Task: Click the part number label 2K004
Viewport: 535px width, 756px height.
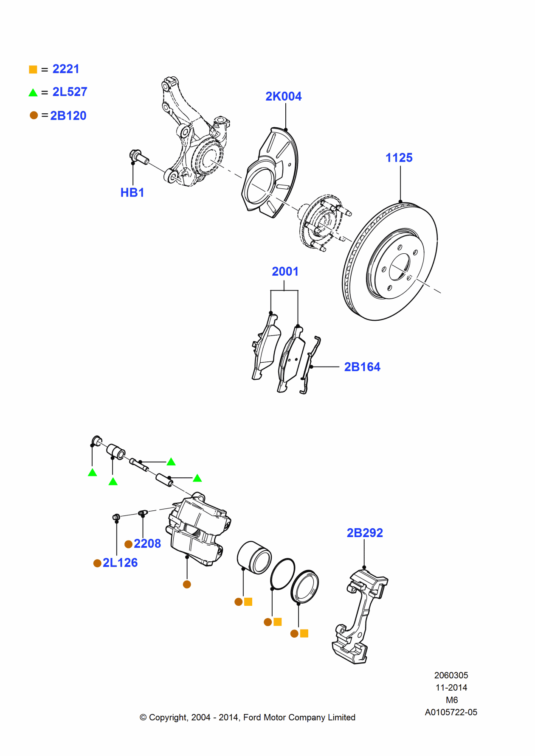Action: (283, 96)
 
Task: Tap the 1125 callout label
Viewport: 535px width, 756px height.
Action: (399, 158)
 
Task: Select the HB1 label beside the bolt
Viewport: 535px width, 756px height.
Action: (132, 193)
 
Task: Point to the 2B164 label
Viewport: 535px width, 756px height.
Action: (362, 367)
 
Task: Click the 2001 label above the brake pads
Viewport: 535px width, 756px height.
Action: (285, 272)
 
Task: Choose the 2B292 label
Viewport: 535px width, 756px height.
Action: (364, 533)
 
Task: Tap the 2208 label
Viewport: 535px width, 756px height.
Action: (147, 543)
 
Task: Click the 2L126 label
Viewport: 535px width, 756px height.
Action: (120, 563)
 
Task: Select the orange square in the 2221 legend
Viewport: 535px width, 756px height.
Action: (33, 70)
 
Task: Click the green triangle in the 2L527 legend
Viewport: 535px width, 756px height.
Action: (33, 92)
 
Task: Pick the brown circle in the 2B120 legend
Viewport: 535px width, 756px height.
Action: (34, 115)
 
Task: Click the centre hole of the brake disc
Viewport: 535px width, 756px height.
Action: (399, 267)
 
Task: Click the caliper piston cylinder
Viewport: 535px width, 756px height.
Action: (254, 557)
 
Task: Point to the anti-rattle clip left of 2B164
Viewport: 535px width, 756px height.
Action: (310, 365)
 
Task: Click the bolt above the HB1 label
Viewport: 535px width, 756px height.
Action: (138, 157)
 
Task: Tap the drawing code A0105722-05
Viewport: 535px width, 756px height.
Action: (451, 712)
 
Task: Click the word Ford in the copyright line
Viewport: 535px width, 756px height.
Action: (252, 717)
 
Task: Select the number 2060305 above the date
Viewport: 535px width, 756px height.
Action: (451, 675)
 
